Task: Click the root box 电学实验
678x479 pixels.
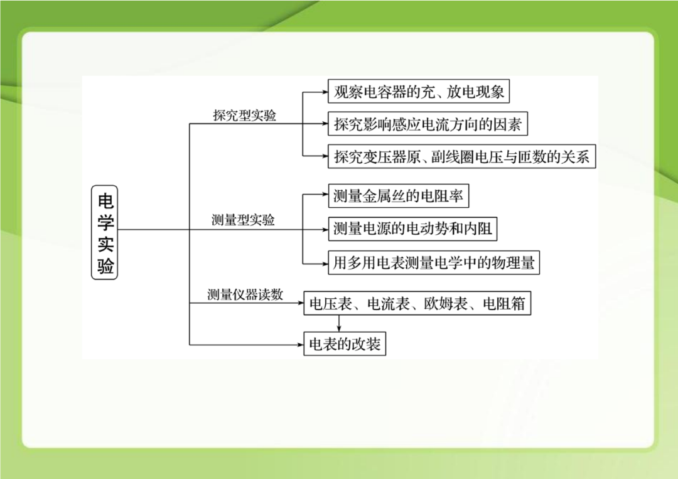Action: click(105, 232)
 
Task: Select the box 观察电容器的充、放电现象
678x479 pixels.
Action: click(419, 91)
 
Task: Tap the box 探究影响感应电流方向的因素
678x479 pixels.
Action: click(428, 124)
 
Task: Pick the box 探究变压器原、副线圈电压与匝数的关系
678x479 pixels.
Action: click(462, 156)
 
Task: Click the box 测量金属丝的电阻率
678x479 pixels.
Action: click(398, 196)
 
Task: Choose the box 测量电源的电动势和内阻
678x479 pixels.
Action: click(412, 229)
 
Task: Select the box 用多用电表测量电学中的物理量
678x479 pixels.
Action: click(434, 262)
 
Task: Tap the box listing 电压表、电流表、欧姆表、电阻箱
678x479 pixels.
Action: click(417, 303)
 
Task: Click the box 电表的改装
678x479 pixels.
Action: click(345, 343)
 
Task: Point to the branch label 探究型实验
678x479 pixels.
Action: click(245, 116)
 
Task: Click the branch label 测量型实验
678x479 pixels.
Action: click(243, 220)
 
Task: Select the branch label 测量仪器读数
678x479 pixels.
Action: click(245, 294)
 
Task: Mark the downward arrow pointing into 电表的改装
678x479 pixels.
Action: click(339, 323)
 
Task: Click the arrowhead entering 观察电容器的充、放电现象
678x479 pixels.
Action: click(325, 92)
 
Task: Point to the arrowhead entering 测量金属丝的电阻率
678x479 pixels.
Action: click(325, 195)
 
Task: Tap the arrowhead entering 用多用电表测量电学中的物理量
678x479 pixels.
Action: click(325, 263)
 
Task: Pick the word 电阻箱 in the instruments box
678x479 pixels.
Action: click(503, 303)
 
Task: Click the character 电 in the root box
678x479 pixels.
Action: click(105, 201)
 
